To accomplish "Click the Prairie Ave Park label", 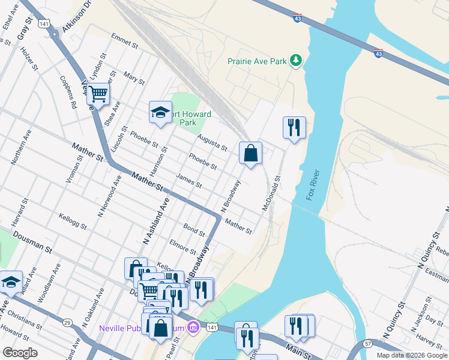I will (x=256, y=61).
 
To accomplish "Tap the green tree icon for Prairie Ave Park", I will (x=295, y=60).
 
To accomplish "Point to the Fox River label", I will (x=313, y=185).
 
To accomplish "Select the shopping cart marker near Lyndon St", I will (x=98, y=94).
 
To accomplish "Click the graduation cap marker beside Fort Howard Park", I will (x=160, y=112).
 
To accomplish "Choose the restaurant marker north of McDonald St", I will (x=294, y=127).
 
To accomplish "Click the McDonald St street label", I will (x=271, y=193).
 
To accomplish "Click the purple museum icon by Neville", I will (x=193, y=328).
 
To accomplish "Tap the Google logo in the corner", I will (x=20, y=353).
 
